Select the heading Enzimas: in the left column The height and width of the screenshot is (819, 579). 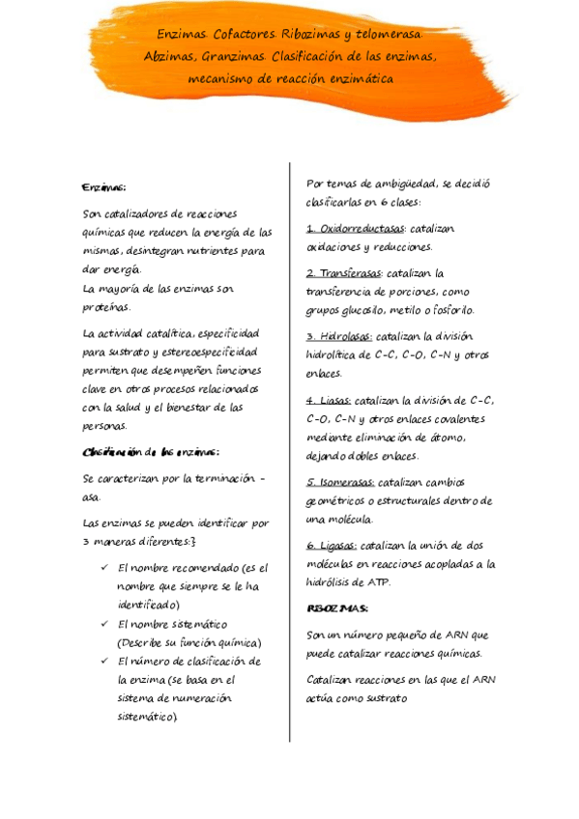104,186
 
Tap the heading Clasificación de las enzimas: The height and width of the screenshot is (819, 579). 152,452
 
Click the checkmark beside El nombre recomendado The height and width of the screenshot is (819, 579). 103,568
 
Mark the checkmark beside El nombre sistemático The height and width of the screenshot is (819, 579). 103,624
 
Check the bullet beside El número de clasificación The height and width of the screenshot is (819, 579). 103,662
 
